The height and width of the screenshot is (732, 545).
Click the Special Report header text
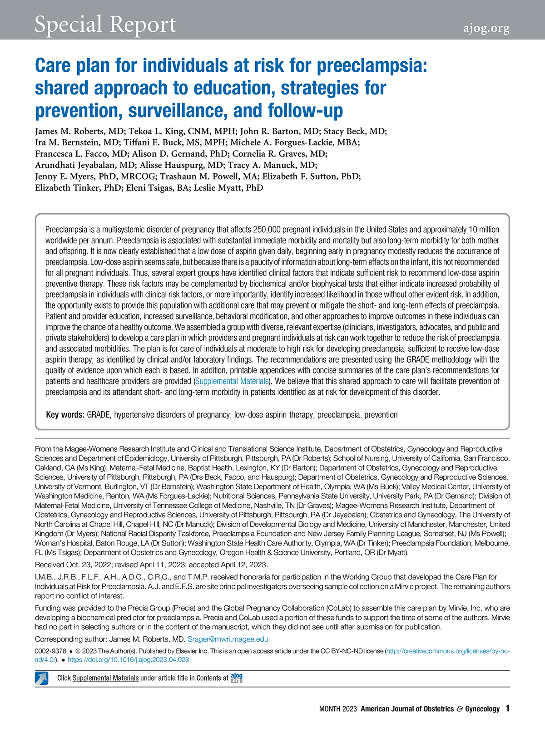point(105,25)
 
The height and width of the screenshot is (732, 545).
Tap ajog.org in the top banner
point(486,28)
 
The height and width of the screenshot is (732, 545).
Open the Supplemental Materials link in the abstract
point(232,381)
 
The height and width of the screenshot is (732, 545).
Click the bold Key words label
point(65,415)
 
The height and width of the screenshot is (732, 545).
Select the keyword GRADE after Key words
point(99,415)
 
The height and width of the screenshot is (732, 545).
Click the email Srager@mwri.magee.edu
point(228,639)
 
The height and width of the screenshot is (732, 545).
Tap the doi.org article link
point(128,660)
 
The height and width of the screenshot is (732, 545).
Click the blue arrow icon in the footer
point(42,678)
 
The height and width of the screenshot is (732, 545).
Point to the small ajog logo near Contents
point(237,678)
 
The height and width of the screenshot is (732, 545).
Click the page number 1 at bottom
point(507,708)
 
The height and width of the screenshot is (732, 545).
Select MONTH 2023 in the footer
point(338,709)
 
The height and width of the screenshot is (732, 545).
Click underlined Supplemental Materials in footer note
point(105,678)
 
